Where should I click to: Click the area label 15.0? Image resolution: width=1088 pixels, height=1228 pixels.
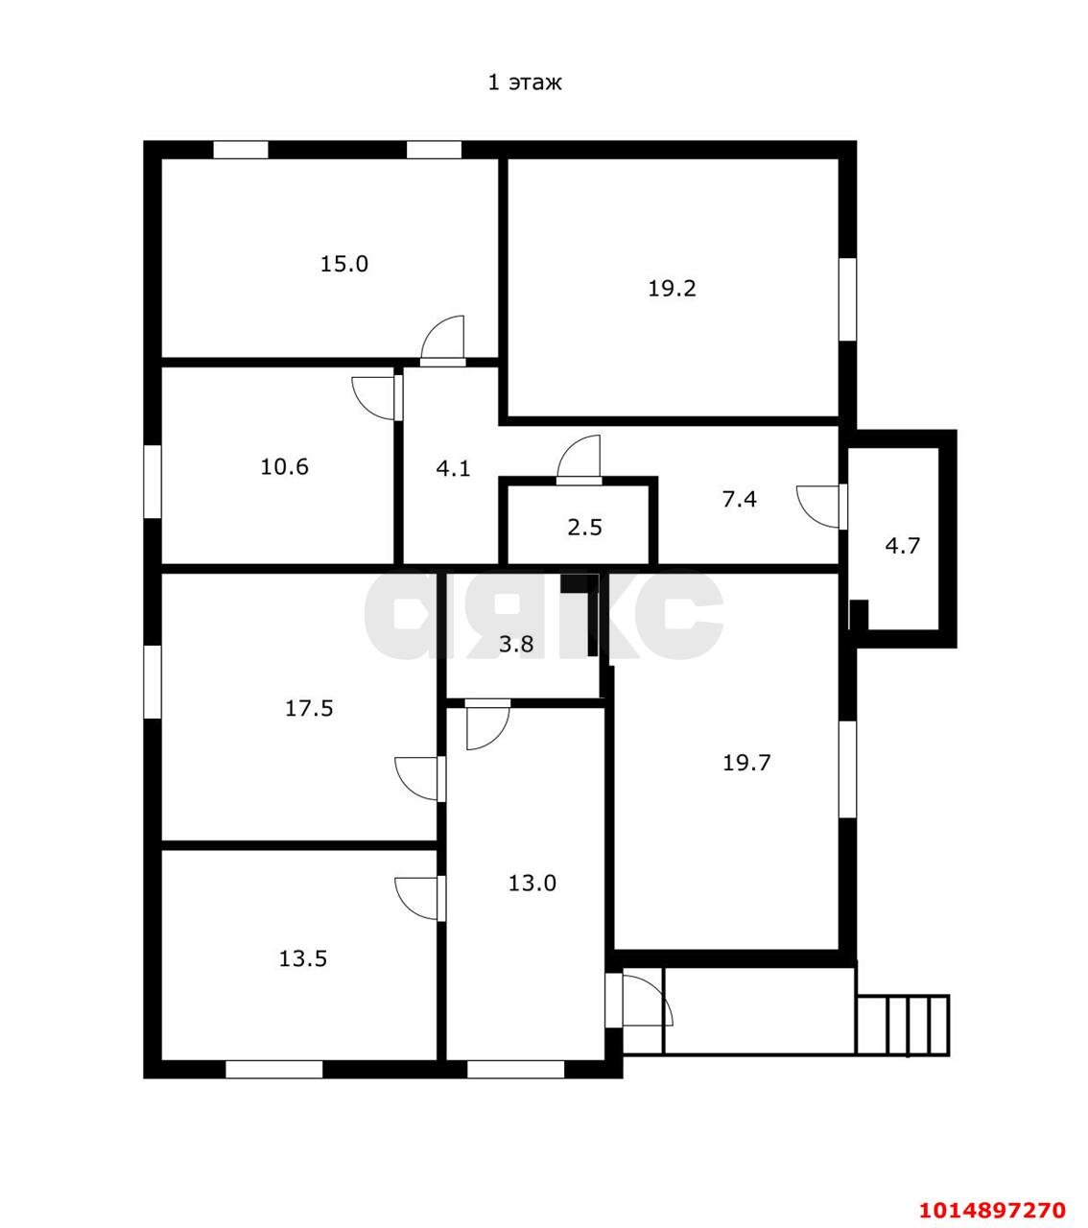[x=343, y=264]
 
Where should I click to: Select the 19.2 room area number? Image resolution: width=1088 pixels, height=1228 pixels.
[x=672, y=289]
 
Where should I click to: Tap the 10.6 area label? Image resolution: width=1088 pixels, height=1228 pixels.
[x=284, y=466]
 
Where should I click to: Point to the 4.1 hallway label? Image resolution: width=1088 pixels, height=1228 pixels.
[x=453, y=468]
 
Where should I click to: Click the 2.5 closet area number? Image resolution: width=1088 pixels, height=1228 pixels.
[x=584, y=528]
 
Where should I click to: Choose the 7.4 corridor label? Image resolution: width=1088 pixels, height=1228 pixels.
[x=739, y=500]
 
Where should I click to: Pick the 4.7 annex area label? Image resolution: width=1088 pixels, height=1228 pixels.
[x=902, y=546]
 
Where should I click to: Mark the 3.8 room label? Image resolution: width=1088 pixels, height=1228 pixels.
[x=516, y=645]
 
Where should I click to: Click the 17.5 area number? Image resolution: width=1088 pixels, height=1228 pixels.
[x=309, y=708]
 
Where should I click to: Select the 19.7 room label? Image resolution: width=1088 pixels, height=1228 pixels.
[x=746, y=763]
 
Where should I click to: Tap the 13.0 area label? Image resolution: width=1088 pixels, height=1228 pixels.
[x=532, y=884]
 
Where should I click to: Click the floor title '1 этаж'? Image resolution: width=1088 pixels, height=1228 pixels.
[x=525, y=83]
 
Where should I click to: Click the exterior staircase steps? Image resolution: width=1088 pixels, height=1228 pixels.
[x=903, y=1025]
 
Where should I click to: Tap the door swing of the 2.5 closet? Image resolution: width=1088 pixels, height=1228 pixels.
[x=579, y=460]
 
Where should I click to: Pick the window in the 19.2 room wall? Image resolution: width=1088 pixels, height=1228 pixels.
[x=847, y=300]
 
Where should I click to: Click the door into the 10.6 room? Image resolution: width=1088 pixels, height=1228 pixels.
[x=377, y=397]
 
